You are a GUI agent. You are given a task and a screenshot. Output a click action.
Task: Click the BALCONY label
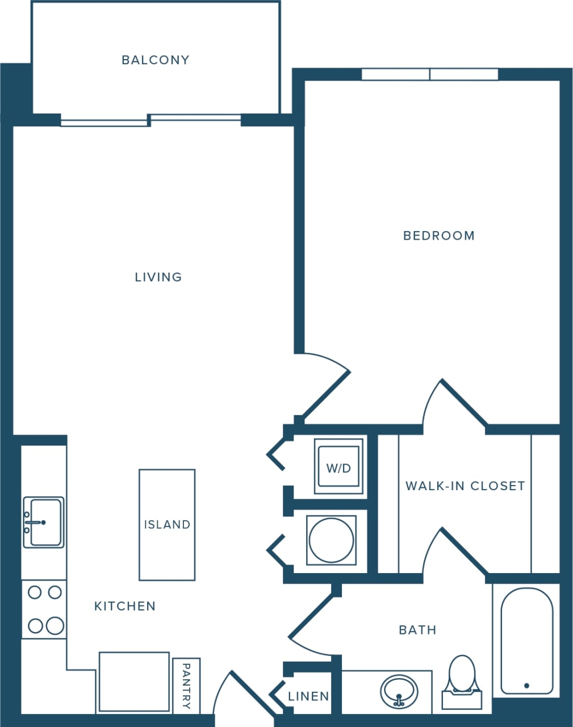[x=156, y=60]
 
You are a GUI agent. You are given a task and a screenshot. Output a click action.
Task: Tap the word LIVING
[x=158, y=277]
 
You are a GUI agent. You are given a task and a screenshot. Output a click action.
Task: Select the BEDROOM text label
[x=438, y=236]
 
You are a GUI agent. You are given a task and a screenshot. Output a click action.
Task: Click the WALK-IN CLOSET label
[x=465, y=486]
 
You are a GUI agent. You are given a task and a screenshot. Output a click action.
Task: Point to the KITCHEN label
[x=125, y=606]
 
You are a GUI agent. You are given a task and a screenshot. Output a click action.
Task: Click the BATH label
[x=417, y=630]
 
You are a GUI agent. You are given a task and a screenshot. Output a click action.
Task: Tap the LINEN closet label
[x=308, y=696]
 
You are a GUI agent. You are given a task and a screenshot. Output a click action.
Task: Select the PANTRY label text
[x=186, y=686]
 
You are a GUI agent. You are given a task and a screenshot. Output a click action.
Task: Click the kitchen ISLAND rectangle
[x=167, y=524]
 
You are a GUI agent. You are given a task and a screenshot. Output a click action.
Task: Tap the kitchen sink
[x=43, y=522]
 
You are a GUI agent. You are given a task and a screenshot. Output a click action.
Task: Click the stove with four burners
[x=44, y=609]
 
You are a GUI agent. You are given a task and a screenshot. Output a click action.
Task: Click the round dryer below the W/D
[x=331, y=540]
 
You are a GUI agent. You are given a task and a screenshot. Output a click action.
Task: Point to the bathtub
[x=526, y=640]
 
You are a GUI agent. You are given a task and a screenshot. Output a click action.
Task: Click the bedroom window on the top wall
[x=430, y=74]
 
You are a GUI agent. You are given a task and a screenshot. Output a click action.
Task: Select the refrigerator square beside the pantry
[x=134, y=682]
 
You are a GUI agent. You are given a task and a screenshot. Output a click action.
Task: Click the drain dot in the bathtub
[x=526, y=686]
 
